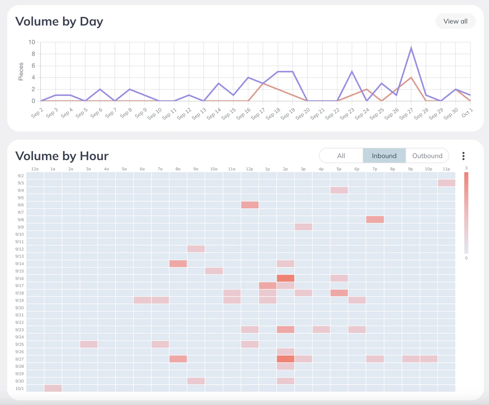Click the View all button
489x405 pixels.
(x=455, y=21)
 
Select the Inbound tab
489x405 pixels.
(x=384, y=156)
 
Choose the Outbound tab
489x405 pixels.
(x=427, y=156)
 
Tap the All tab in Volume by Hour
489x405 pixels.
(x=341, y=156)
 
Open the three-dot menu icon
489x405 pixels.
(x=463, y=156)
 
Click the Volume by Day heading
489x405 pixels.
(x=59, y=21)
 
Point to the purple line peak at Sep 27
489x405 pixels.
(x=411, y=48)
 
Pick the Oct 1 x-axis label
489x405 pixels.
(x=467, y=113)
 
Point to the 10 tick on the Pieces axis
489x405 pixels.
(x=32, y=42)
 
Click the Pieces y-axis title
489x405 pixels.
(x=21, y=72)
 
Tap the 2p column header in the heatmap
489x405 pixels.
(x=285, y=169)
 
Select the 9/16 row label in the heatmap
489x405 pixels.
(x=20, y=278)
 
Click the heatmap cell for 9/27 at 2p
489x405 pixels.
(x=286, y=359)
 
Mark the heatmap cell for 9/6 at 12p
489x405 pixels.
(x=250, y=205)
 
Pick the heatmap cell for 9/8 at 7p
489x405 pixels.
(x=375, y=220)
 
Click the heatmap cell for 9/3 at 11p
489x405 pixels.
(x=446, y=183)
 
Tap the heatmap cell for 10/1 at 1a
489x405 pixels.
(x=53, y=388)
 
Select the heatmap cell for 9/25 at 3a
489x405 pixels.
(x=89, y=344)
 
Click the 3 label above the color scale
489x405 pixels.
(x=466, y=168)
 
